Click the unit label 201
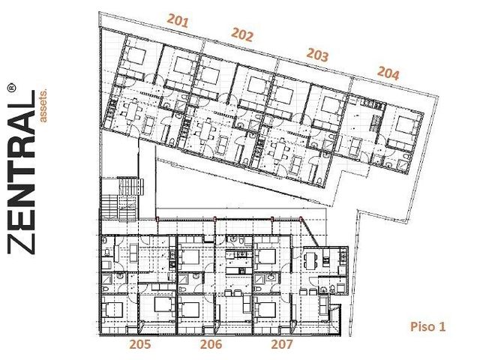[x=178, y=21]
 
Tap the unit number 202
[x=242, y=34]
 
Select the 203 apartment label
[x=318, y=55]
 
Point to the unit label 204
[x=388, y=73]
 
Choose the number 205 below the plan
[x=140, y=344]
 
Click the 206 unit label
[x=211, y=344]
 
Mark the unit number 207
[x=282, y=344]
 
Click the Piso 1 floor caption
[x=427, y=327]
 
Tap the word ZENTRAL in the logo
[x=21, y=172]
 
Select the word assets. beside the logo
[x=43, y=106]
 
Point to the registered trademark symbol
[x=11, y=87]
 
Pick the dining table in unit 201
[x=131, y=109]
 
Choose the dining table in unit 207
[x=310, y=260]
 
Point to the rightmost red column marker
[x=301, y=218]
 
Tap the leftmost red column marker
[x=157, y=218]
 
